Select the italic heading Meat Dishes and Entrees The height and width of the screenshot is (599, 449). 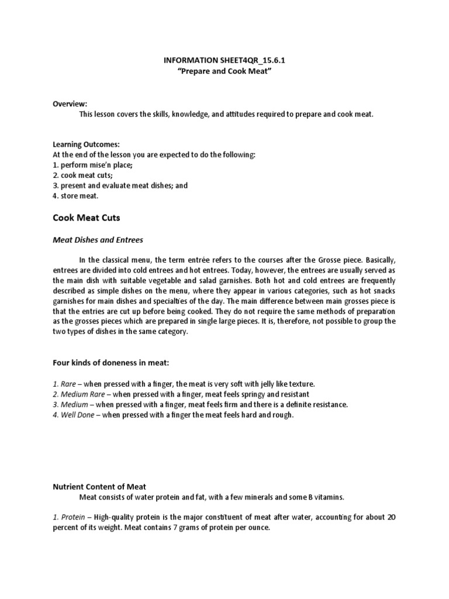click(x=98, y=239)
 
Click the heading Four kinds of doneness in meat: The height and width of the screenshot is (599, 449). click(x=110, y=363)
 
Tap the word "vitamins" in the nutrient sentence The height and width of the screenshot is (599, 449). click(x=329, y=497)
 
